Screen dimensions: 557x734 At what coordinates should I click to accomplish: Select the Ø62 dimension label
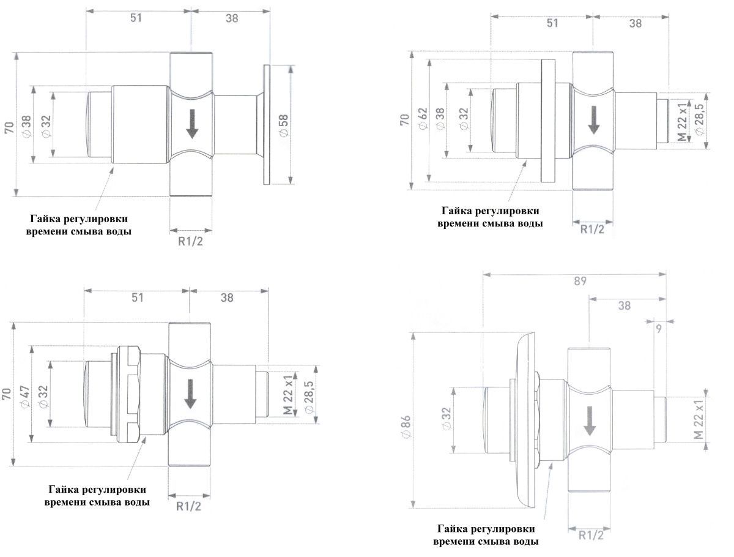[422, 121]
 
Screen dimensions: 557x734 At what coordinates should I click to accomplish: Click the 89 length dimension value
[580, 282]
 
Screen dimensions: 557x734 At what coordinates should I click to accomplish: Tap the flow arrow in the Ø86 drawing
[590, 421]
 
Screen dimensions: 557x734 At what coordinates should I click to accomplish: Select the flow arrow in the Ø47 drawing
[190, 393]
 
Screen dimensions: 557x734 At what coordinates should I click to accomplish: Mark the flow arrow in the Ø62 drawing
[593, 119]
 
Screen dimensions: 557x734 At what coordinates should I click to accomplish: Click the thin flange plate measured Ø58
[266, 124]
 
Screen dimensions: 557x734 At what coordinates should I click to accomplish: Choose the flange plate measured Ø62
[547, 120]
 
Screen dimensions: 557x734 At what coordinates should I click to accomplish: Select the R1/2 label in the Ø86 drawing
[590, 535]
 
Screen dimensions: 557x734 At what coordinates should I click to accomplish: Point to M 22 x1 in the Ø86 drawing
[699, 421]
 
